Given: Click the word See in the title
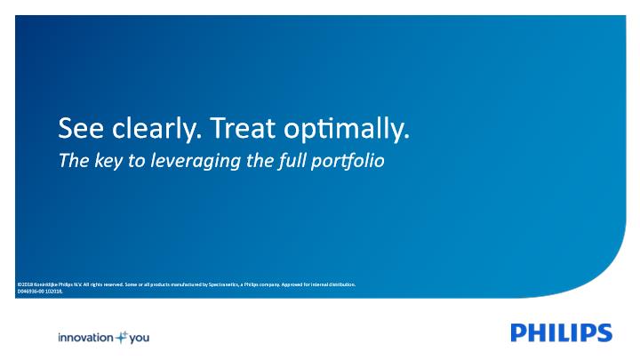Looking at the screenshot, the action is click(x=81, y=128).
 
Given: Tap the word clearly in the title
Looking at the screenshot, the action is click(x=156, y=129).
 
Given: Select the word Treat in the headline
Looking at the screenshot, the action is click(x=243, y=128).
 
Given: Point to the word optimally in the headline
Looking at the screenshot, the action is click(x=347, y=130).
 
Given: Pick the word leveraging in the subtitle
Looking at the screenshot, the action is click(x=196, y=161).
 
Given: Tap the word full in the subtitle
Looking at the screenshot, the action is click(x=292, y=161).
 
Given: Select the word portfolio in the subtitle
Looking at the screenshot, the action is click(x=348, y=161).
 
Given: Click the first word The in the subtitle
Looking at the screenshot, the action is click(x=74, y=160).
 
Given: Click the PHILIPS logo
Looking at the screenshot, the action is click(x=561, y=332).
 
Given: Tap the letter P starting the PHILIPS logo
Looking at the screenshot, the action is click(x=518, y=332).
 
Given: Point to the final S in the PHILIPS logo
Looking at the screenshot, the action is click(x=604, y=332).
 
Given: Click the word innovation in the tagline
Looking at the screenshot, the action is click(x=85, y=338).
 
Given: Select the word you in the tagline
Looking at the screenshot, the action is click(x=140, y=339).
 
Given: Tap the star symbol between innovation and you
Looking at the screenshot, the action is click(x=122, y=337).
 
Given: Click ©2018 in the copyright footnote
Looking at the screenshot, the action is click(x=25, y=284).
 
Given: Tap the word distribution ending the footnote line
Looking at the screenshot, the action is click(x=343, y=284).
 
